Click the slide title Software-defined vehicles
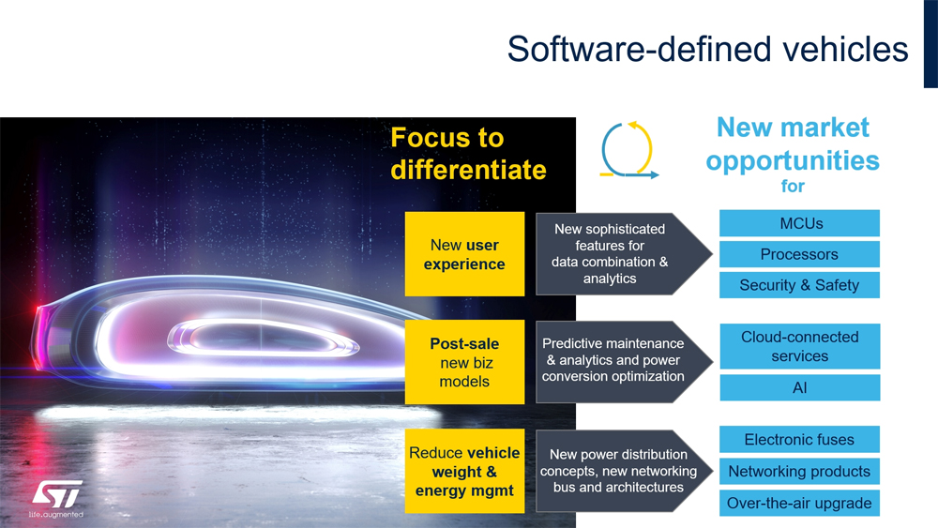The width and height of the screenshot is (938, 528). coord(707,49)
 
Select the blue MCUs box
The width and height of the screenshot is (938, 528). coord(799,223)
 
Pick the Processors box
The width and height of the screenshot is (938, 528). coord(799,254)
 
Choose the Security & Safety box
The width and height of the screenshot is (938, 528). coord(799,285)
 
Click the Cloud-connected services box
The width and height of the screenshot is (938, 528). coord(800,346)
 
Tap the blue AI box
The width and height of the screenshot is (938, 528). coord(800,387)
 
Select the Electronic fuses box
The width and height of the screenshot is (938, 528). coord(799,440)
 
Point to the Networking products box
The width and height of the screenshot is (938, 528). coord(799,471)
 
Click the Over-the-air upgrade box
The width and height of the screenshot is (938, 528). coord(799,503)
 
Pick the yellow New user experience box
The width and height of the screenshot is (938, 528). coord(465,254)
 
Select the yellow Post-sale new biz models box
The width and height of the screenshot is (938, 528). coord(465,362)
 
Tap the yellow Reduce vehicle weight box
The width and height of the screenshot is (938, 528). coord(465,471)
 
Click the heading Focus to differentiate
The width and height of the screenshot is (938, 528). coord(468,154)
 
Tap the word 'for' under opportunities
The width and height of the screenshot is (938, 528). coord(793,186)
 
